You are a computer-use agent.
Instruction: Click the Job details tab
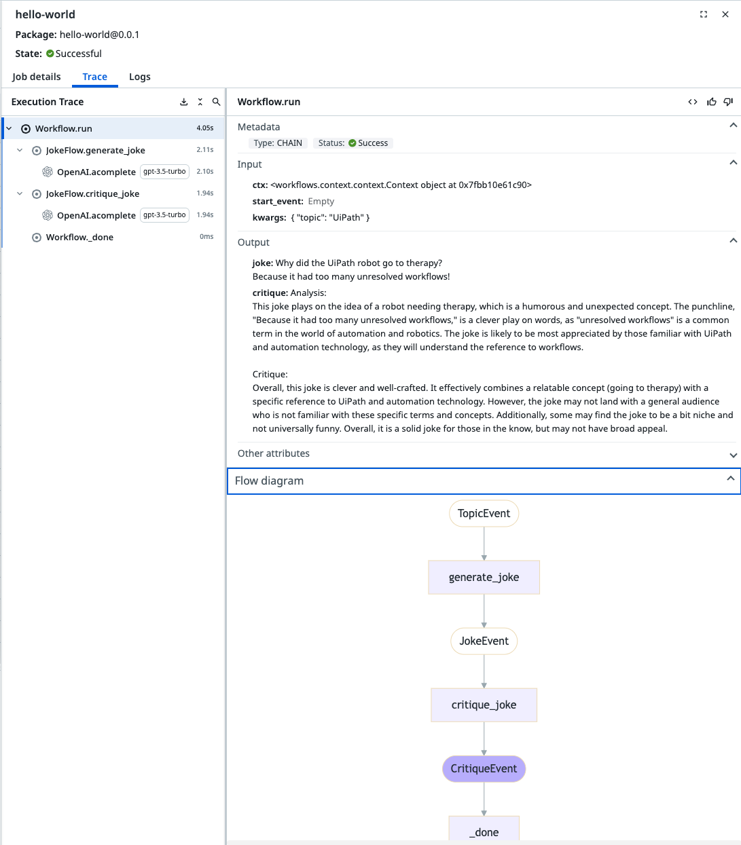(x=36, y=77)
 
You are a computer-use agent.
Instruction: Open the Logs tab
(x=139, y=77)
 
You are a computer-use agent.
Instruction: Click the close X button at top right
(x=725, y=14)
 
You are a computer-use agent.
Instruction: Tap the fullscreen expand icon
(x=704, y=14)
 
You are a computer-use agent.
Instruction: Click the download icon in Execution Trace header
(x=183, y=102)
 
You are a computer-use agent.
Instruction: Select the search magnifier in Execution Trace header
(x=216, y=102)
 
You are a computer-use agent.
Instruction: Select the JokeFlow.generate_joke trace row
(x=95, y=150)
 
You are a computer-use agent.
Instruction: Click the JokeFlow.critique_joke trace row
(x=92, y=193)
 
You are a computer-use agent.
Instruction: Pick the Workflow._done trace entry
(x=79, y=237)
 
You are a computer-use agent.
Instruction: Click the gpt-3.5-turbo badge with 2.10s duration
(x=164, y=172)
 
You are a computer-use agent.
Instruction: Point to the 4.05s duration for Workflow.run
(x=205, y=128)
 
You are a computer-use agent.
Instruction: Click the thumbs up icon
(x=711, y=102)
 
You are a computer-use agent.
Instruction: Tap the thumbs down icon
(x=729, y=102)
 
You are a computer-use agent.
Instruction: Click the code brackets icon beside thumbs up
(x=693, y=102)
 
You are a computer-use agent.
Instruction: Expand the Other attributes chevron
(x=733, y=455)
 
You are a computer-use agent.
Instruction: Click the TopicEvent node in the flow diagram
(x=484, y=513)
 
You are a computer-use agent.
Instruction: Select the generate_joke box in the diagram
(x=484, y=577)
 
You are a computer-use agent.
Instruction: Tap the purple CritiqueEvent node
(x=484, y=769)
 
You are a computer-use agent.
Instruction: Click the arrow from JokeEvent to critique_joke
(x=484, y=671)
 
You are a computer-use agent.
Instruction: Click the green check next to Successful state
(x=50, y=54)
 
